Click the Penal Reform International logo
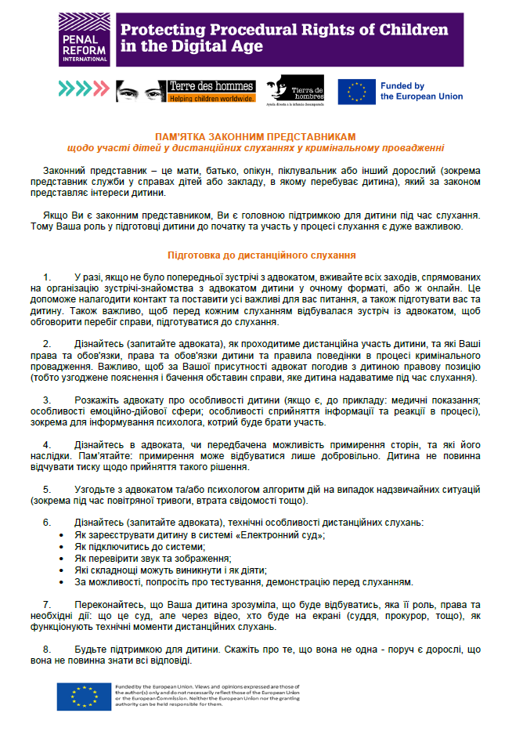coord(83,40)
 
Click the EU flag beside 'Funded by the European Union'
coord(356,92)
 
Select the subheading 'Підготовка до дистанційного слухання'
coord(262,255)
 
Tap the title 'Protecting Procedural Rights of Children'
coord(283,31)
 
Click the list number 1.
coord(48,277)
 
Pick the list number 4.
coord(48,445)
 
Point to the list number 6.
coord(48,522)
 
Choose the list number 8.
coord(48,650)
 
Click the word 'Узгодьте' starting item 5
coord(96,489)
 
